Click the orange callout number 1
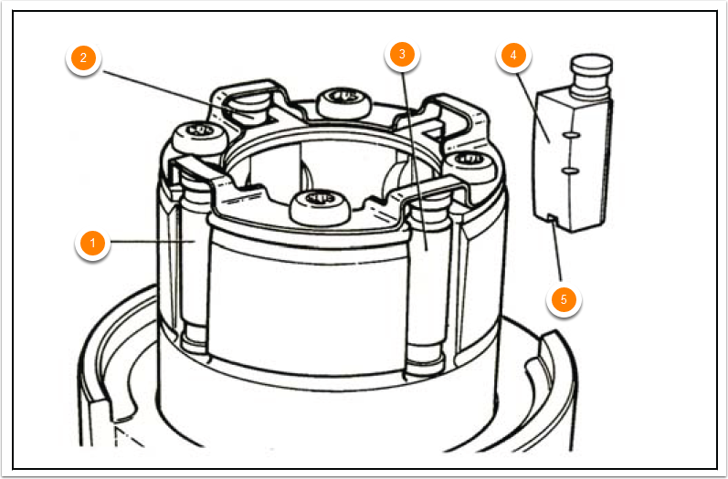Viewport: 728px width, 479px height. [90, 244]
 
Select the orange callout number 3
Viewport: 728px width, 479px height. [399, 56]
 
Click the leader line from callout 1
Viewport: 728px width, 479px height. [146, 242]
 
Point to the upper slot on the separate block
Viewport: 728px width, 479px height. [570, 135]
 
